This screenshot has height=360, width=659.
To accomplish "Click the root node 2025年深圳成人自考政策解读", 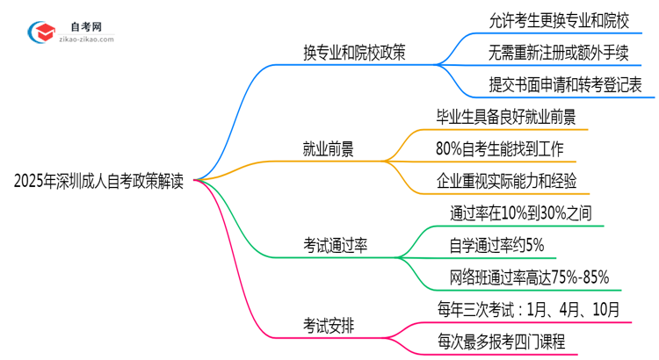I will click(98, 182).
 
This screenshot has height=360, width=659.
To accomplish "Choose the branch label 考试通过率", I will click(333, 246).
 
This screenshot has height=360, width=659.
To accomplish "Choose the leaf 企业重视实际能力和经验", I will click(506, 181).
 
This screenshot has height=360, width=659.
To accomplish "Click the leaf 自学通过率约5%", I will click(496, 244).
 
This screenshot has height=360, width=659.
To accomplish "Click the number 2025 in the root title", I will click(30, 182).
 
